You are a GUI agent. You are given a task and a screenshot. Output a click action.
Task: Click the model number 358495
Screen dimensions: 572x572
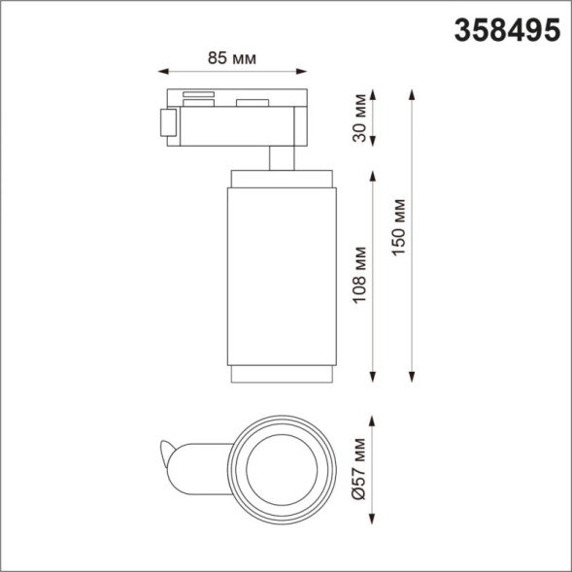tap(507, 30)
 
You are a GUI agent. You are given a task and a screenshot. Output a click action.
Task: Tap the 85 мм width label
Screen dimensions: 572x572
tap(232, 58)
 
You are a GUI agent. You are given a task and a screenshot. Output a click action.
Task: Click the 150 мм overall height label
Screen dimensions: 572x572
tap(399, 229)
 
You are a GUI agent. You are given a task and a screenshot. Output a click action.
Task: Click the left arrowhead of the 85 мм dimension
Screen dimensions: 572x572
tap(162, 72)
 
